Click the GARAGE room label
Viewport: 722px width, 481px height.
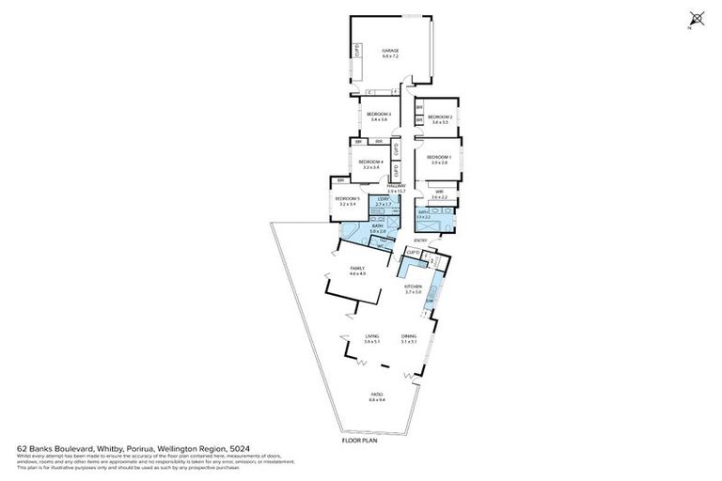[x=390, y=51]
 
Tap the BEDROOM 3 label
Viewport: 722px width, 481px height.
[x=379, y=114]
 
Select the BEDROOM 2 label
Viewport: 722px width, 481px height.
[x=441, y=116]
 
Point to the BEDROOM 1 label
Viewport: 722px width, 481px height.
[x=439, y=157]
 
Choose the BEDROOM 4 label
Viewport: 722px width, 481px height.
[x=371, y=162]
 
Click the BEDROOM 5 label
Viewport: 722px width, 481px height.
[x=347, y=198]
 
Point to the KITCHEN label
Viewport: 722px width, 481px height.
[x=413, y=287]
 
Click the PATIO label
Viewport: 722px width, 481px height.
[x=376, y=396]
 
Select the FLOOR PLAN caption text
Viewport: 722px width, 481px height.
[x=361, y=440]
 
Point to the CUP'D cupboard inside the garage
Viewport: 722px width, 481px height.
[x=357, y=51]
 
